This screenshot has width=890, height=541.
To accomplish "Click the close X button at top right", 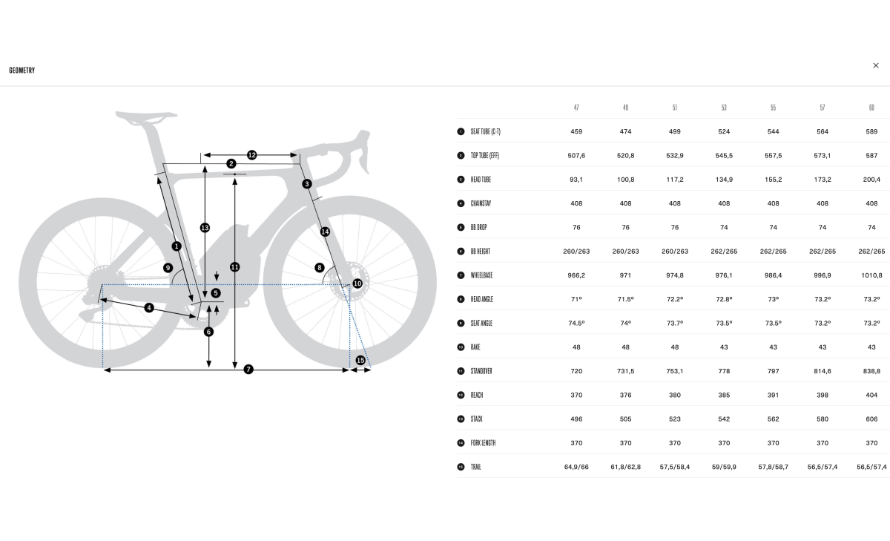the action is click(876, 65).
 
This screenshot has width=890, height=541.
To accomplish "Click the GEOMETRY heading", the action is click(22, 71).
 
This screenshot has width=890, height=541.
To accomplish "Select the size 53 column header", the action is click(724, 108).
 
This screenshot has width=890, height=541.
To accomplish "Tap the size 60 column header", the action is click(871, 108).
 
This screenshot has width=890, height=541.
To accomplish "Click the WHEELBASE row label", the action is click(481, 275).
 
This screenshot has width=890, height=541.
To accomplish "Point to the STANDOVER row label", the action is click(481, 371).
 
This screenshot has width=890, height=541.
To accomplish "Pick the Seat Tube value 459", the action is click(576, 131).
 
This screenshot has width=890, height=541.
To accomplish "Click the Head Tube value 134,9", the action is click(724, 180).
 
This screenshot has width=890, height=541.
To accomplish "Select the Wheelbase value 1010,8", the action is click(871, 275).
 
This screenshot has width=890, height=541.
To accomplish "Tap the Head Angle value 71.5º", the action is click(625, 299).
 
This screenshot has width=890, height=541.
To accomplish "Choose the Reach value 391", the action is click(773, 395).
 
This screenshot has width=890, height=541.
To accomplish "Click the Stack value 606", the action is click(871, 419).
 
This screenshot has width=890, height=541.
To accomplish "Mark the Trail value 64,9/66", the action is click(576, 467).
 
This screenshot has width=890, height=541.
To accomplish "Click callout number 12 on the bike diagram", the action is click(251, 155).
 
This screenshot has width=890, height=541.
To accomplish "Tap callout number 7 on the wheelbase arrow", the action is click(248, 370).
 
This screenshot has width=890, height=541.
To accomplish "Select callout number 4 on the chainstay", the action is click(149, 308).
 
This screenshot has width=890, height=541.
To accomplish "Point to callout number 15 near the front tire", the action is click(360, 360).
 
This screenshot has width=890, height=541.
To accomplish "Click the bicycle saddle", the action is click(145, 117).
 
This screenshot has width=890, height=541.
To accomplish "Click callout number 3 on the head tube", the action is click(307, 184).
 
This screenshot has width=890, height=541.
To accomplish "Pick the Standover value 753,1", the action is click(675, 371).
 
